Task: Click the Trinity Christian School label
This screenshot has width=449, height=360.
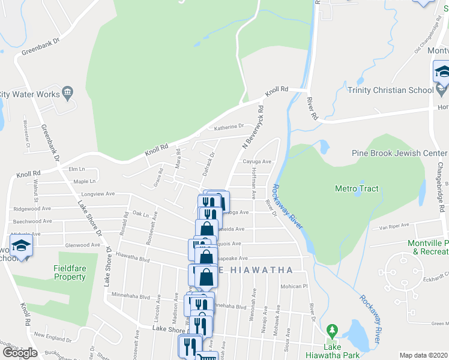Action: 390,90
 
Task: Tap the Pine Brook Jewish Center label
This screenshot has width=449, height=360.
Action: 400,153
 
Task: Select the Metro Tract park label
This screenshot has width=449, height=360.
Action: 357,188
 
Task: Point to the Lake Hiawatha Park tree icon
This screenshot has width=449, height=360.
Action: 332,330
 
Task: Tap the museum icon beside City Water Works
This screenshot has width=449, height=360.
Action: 67,93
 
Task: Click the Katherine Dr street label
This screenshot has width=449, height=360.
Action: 229,127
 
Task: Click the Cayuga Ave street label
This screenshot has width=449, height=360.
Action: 257,161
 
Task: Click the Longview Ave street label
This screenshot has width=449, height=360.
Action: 98,194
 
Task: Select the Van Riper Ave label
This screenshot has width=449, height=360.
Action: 394,226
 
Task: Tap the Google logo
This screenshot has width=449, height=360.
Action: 20,353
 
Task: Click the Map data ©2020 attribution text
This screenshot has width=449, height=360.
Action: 423,355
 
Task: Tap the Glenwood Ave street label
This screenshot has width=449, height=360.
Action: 83,245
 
